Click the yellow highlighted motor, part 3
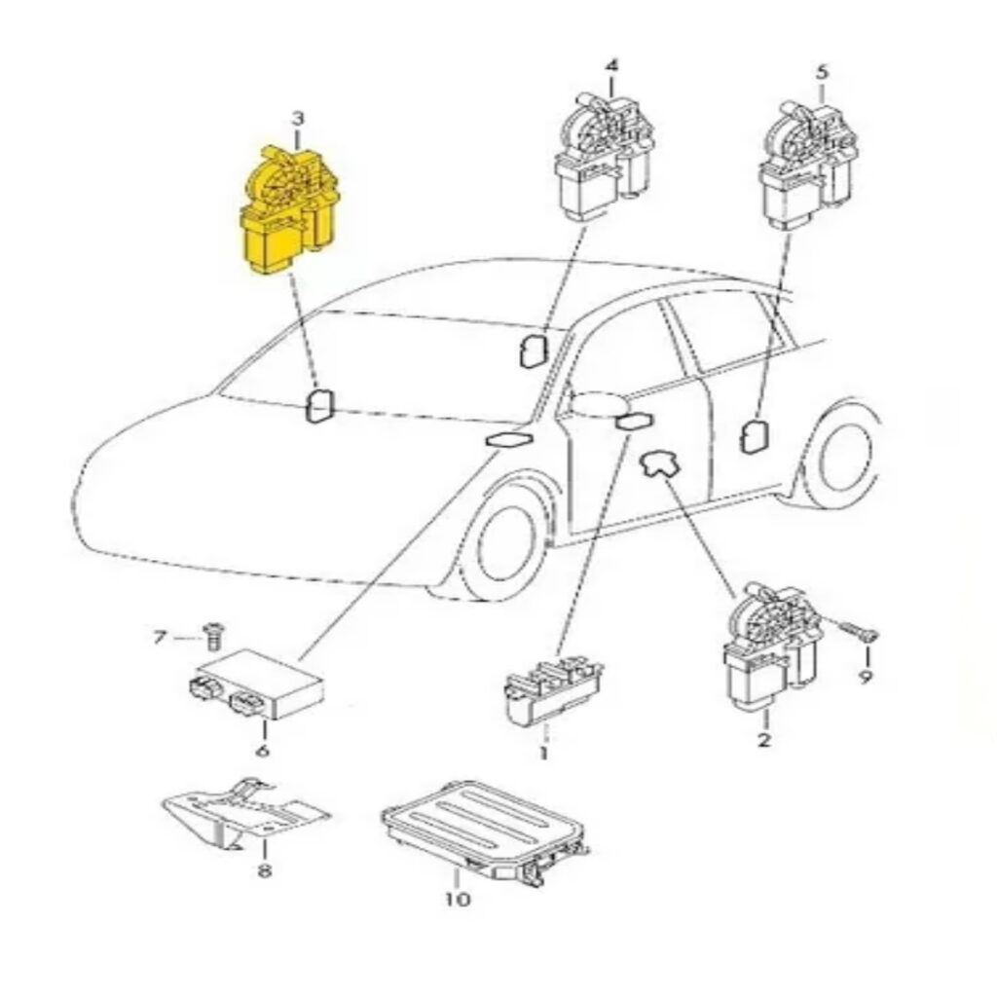tap(290, 210)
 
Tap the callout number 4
tap(611, 66)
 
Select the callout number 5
tap(822, 72)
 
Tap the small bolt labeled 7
tap(211, 636)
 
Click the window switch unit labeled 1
tap(552, 691)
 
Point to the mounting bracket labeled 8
tap(245, 813)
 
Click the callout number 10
tap(458, 899)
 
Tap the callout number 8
tap(265, 869)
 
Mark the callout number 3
tap(298, 118)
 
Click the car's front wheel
tap(505, 541)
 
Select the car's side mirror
tap(597, 403)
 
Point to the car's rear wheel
tap(841, 455)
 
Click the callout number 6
tap(261, 751)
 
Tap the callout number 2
tap(763, 740)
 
